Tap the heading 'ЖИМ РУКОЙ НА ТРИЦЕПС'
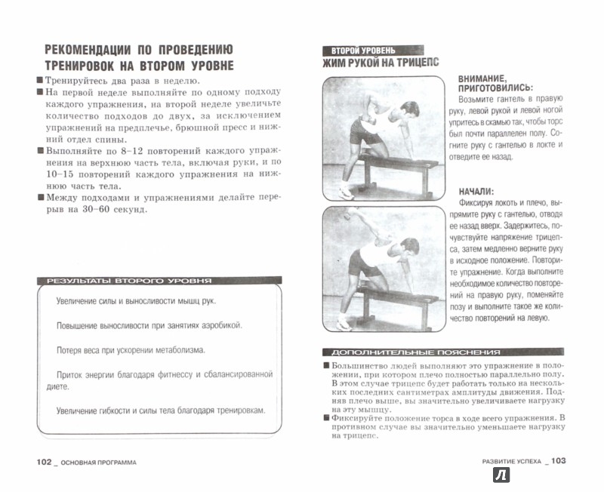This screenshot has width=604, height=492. pos(381,63)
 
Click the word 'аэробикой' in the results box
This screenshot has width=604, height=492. pos(216,324)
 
